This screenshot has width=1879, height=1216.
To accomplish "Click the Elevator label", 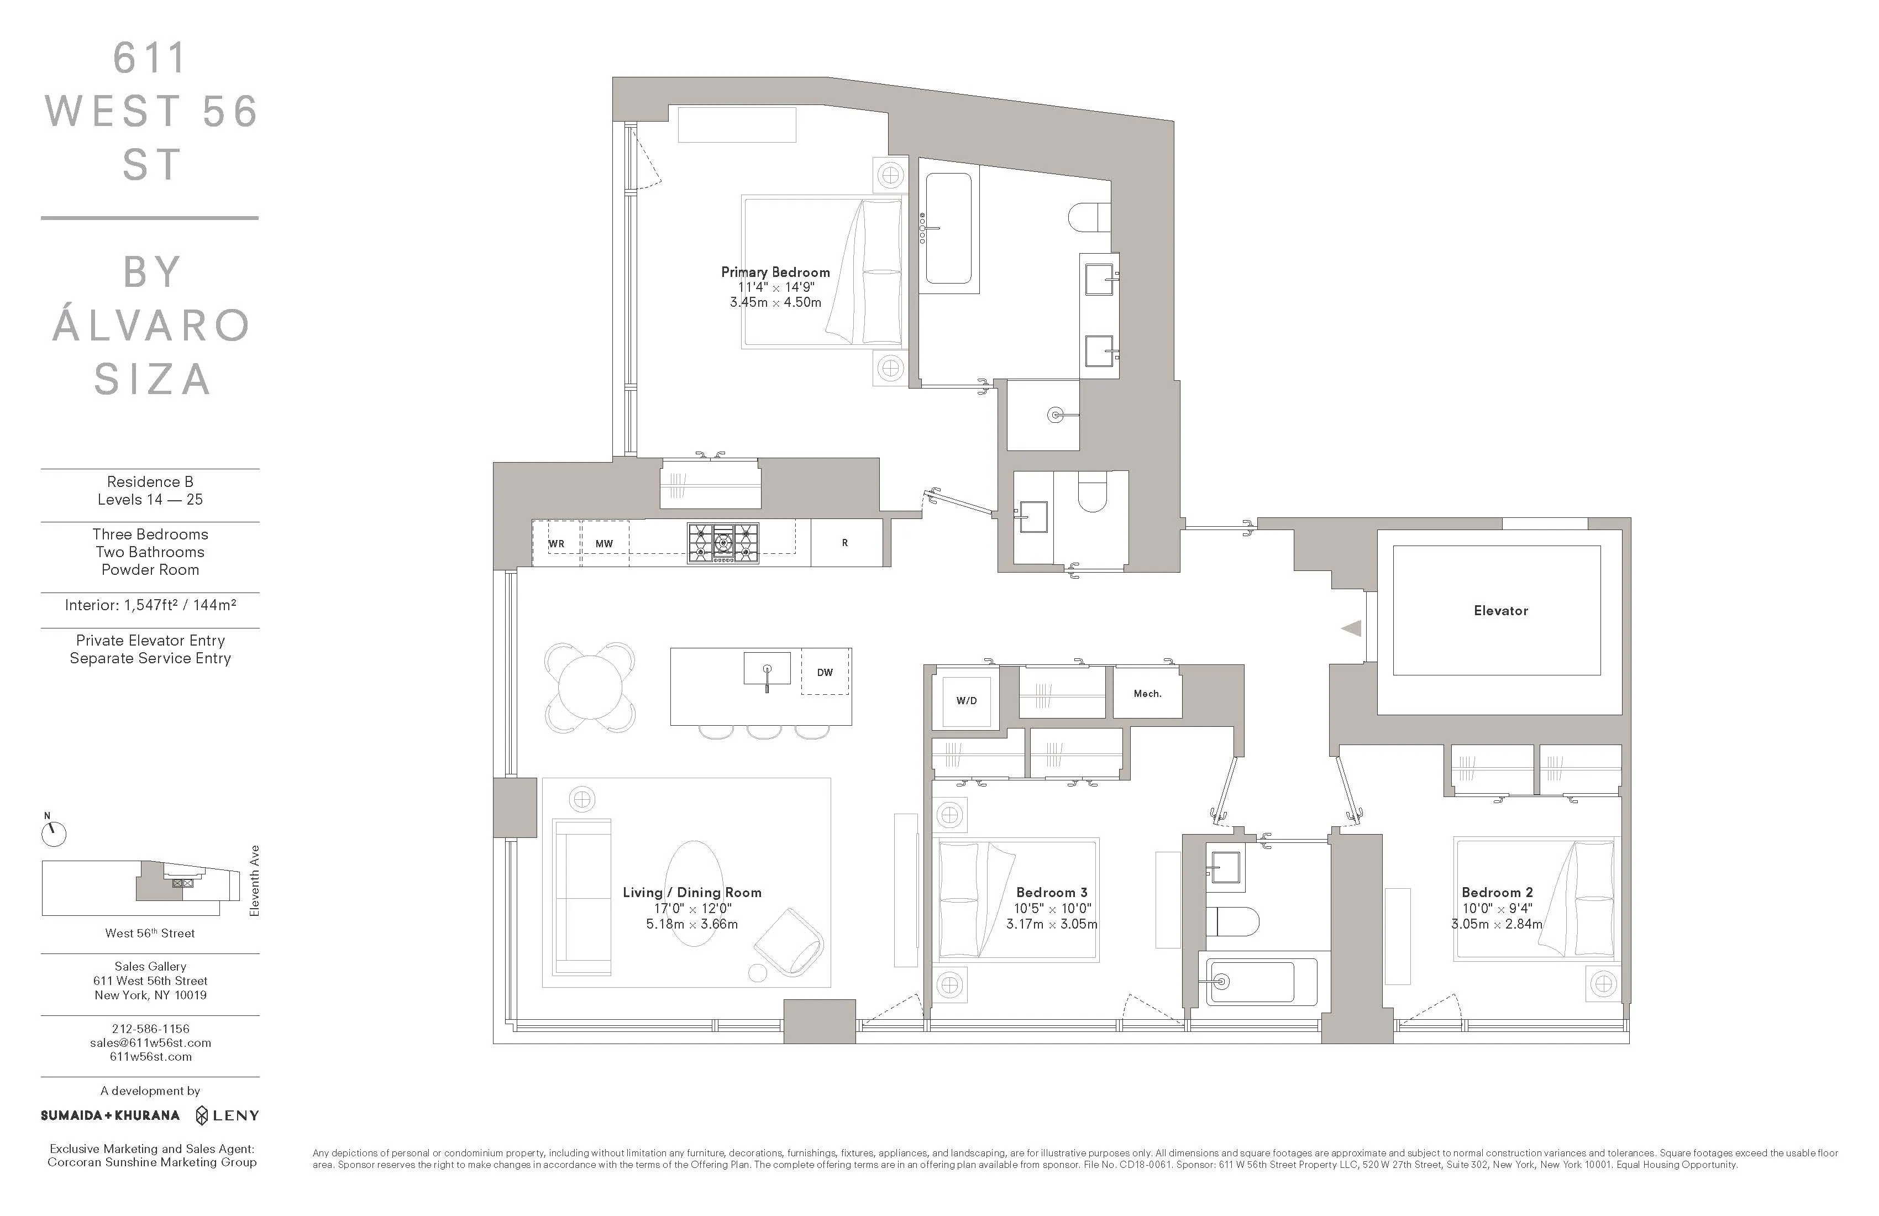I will coord(1500,610).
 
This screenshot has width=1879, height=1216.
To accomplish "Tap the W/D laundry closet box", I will coord(965,700).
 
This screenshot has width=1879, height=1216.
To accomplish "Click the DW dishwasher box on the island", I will coord(825,672).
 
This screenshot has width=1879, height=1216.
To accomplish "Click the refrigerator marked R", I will coord(845,542).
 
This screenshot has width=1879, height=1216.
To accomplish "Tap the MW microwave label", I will coord(604,543).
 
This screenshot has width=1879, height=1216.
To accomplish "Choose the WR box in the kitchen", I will coord(557,543).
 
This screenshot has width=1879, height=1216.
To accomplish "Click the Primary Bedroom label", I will coord(775,271).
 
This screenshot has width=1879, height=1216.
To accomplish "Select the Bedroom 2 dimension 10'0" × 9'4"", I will coord(1497,909).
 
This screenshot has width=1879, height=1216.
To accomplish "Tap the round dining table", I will coord(590,687).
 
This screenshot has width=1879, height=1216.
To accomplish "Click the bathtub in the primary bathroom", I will coord(948,228).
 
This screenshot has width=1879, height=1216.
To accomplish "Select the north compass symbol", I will coord(54,833).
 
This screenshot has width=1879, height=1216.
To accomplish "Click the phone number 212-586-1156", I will coord(150,1028).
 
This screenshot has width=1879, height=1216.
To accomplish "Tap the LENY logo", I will coord(227,1115).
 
